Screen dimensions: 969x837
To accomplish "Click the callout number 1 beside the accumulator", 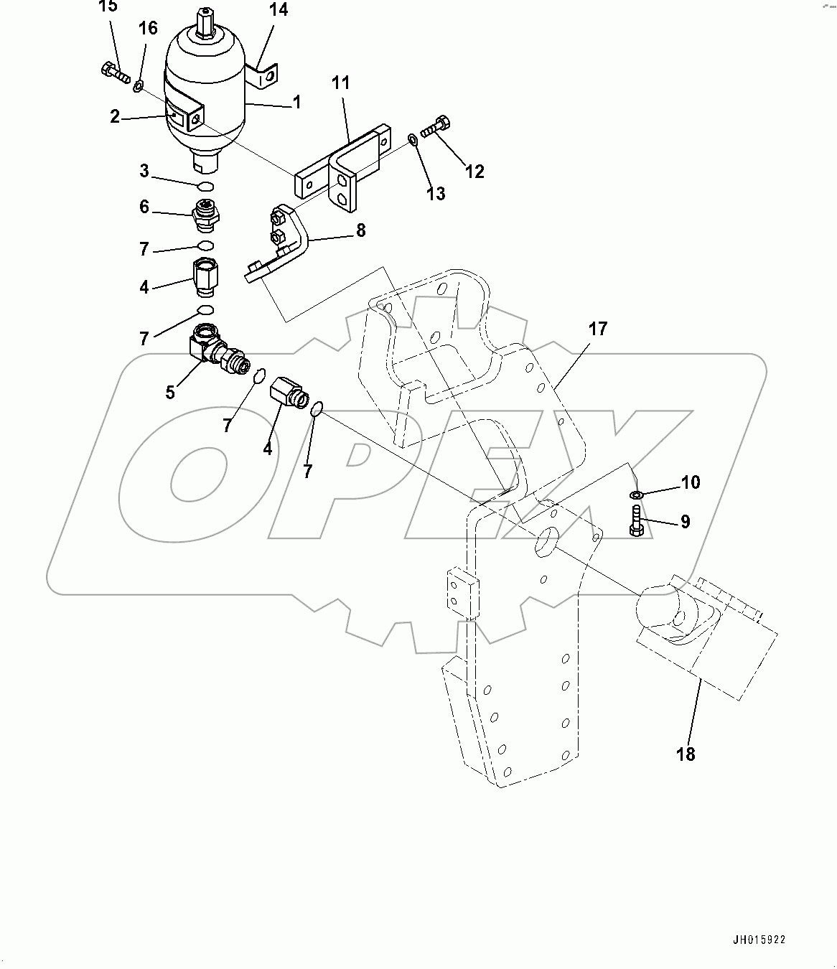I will [x=296, y=103].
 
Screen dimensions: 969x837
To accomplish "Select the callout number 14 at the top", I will [x=278, y=10].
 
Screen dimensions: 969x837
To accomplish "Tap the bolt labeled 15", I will [x=115, y=72].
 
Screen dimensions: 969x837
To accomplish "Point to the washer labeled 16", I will [x=138, y=87].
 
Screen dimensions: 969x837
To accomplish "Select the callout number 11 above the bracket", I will [x=340, y=83].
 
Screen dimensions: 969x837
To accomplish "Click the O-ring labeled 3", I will [x=205, y=187].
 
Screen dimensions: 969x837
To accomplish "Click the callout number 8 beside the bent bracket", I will [x=360, y=230].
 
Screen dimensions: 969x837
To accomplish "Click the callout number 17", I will [x=597, y=329].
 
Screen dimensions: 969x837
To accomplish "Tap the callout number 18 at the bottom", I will [x=686, y=754].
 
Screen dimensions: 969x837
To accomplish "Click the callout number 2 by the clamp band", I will [x=115, y=116].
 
